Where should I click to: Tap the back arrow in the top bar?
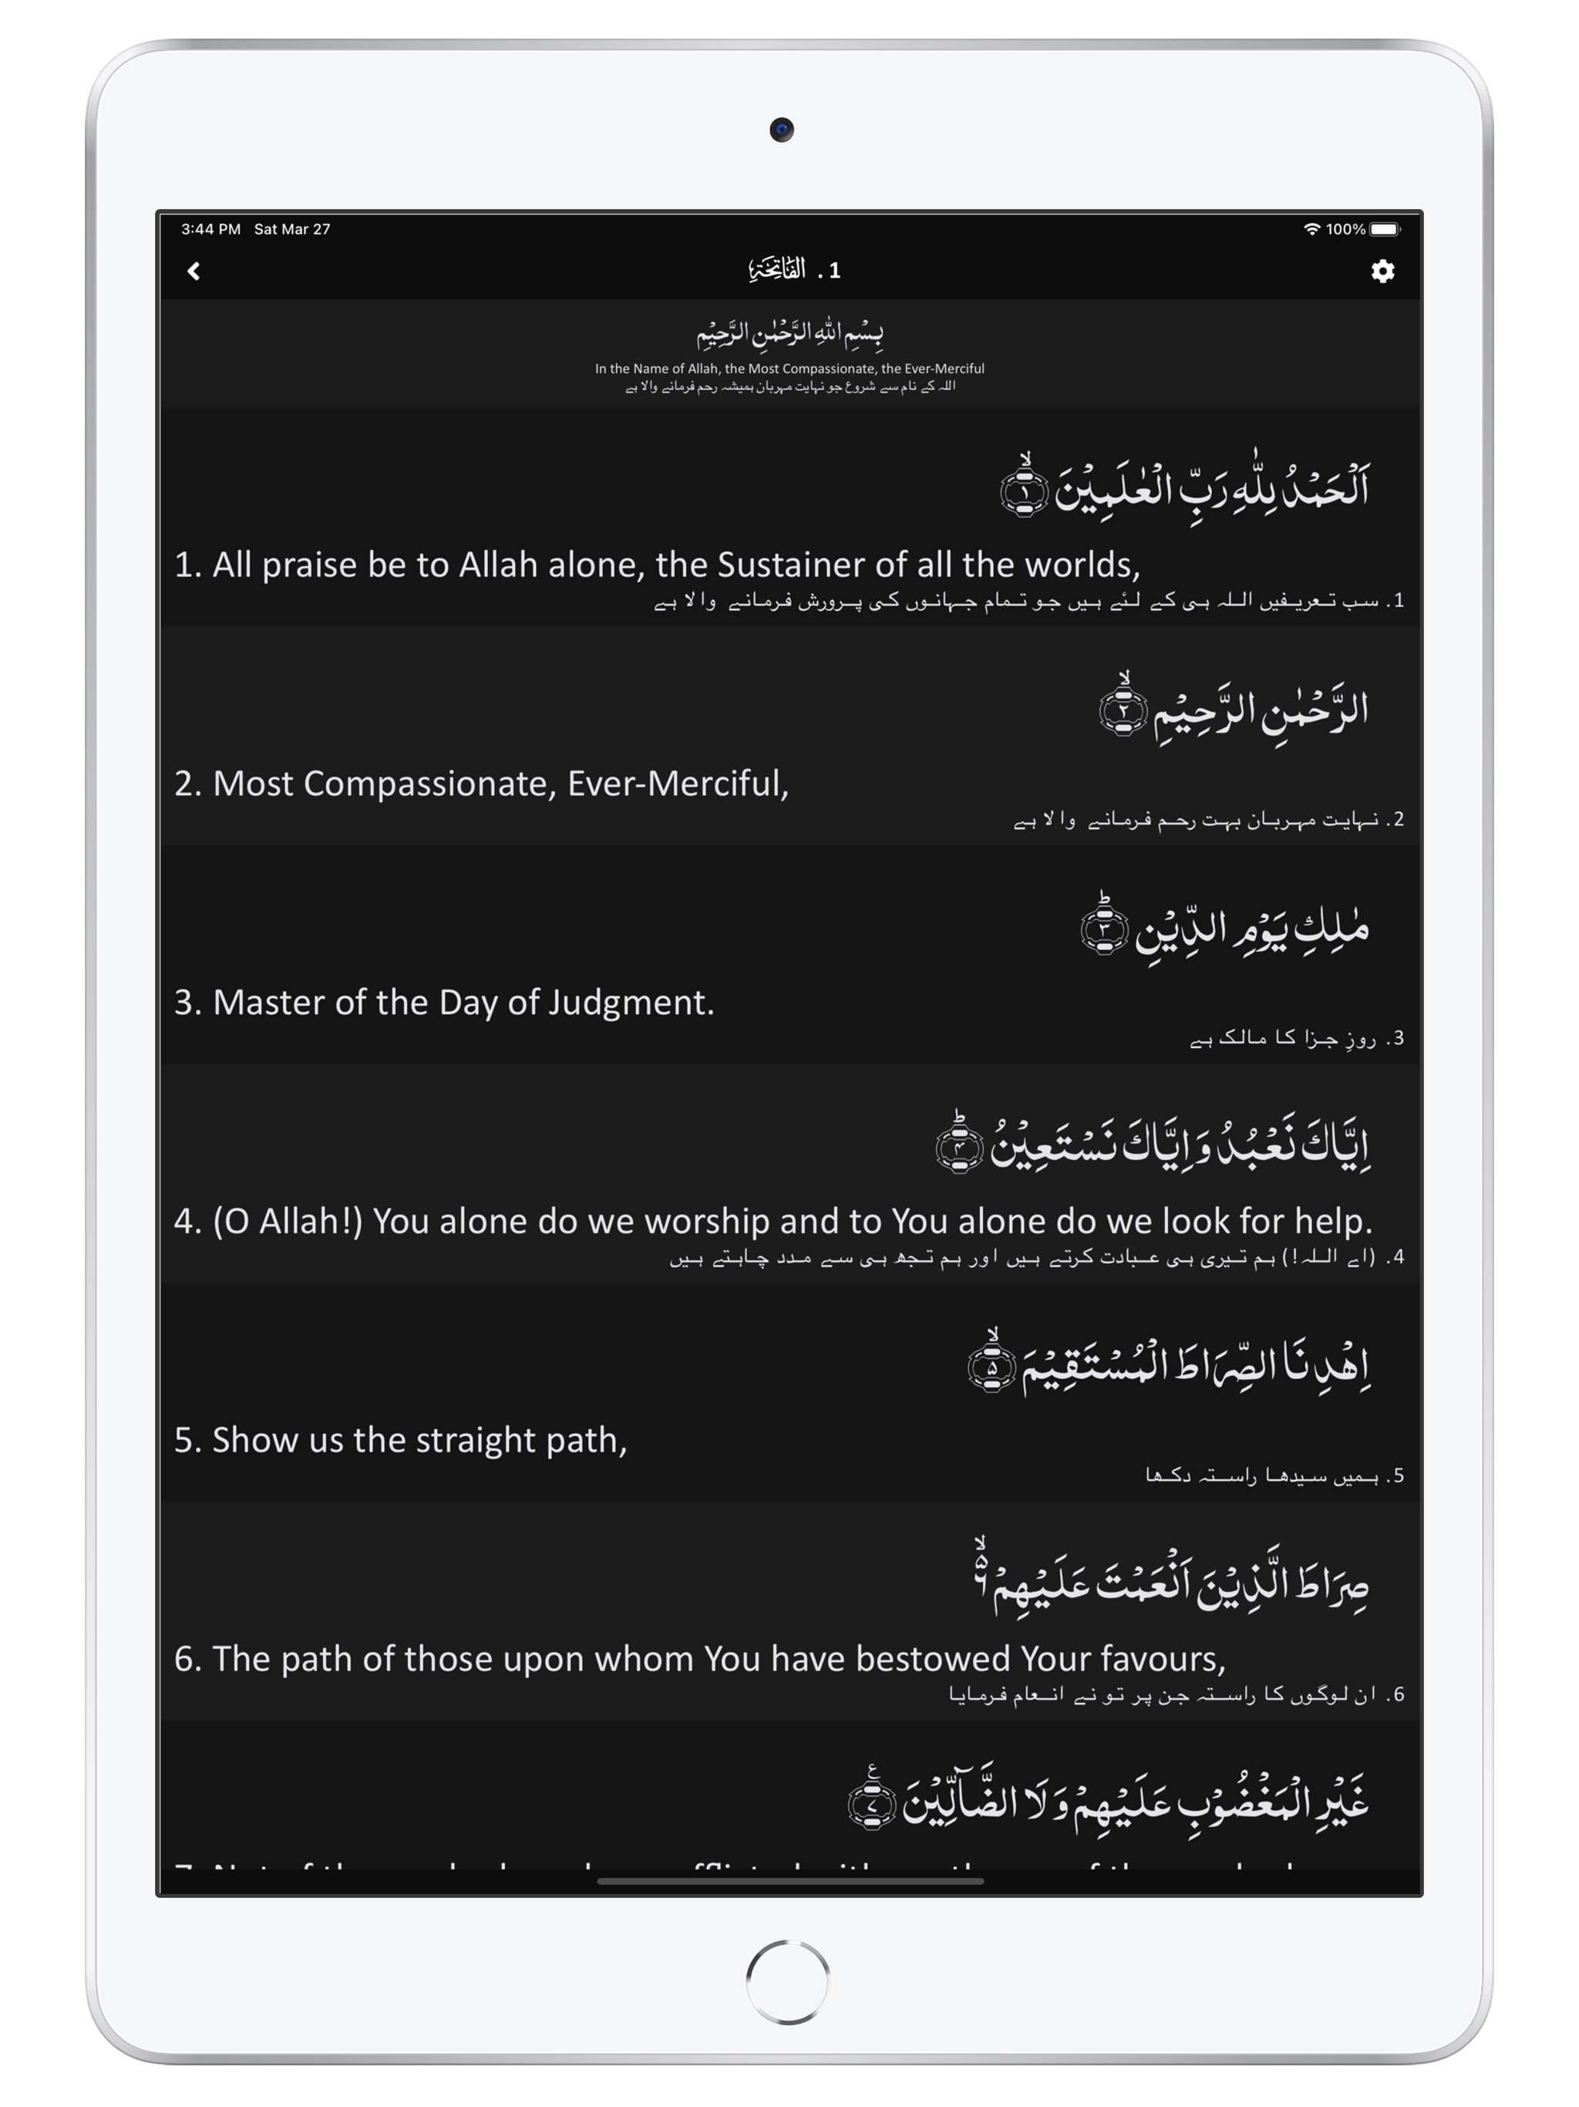[194, 271]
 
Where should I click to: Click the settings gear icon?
[1382, 271]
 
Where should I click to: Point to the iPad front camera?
[782, 130]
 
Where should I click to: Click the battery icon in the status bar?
[1385, 230]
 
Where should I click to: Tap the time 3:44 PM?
[210, 230]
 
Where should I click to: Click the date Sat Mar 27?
[291, 230]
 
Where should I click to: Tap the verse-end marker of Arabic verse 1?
[1024, 490]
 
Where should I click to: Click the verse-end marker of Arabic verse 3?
[1104, 927]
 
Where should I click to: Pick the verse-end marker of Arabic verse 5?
[992, 1365]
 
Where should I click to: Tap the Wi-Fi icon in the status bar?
[1311, 230]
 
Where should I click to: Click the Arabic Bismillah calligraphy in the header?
[789, 332]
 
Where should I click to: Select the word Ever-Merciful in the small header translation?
[944, 369]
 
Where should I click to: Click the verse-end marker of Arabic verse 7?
[871, 1802]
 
